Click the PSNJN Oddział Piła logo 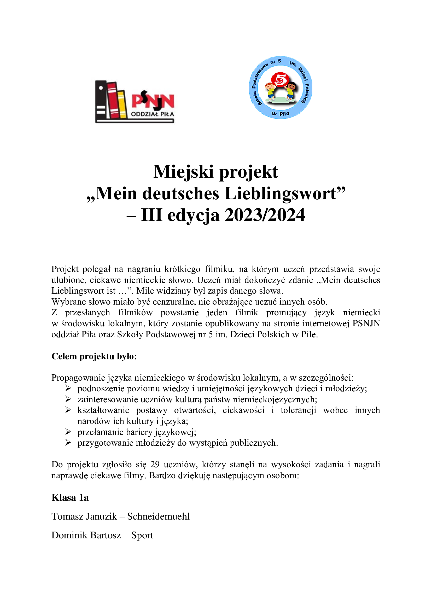click(x=135, y=102)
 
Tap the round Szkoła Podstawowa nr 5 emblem click(x=280, y=88)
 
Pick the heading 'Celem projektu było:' click(x=94, y=356)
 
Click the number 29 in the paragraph click(x=155, y=464)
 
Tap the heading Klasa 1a click(x=70, y=497)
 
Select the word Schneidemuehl click(x=158, y=516)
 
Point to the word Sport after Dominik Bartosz click(x=142, y=535)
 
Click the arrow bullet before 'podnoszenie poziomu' click(x=68, y=388)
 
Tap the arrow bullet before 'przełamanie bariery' click(x=68, y=432)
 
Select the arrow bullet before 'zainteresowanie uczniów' click(x=68, y=399)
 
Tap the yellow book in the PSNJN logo click(x=121, y=104)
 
